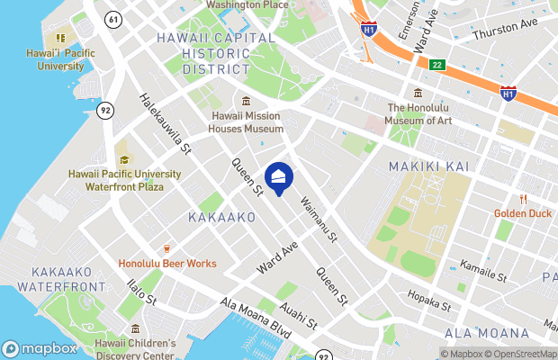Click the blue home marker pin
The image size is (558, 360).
click(x=280, y=177)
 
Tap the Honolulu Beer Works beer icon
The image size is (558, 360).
click(x=166, y=248)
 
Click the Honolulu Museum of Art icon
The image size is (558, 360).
click(x=417, y=94)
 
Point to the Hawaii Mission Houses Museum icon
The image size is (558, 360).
click(x=246, y=101)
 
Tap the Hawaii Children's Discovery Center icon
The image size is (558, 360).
click(x=135, y=328)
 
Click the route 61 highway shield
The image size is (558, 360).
click(x=112, y=19)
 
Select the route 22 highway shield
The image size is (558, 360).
click(x=437, y=64)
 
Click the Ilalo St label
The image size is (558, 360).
click(x=143, y=291)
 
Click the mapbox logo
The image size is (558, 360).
click(x=40, y=348)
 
